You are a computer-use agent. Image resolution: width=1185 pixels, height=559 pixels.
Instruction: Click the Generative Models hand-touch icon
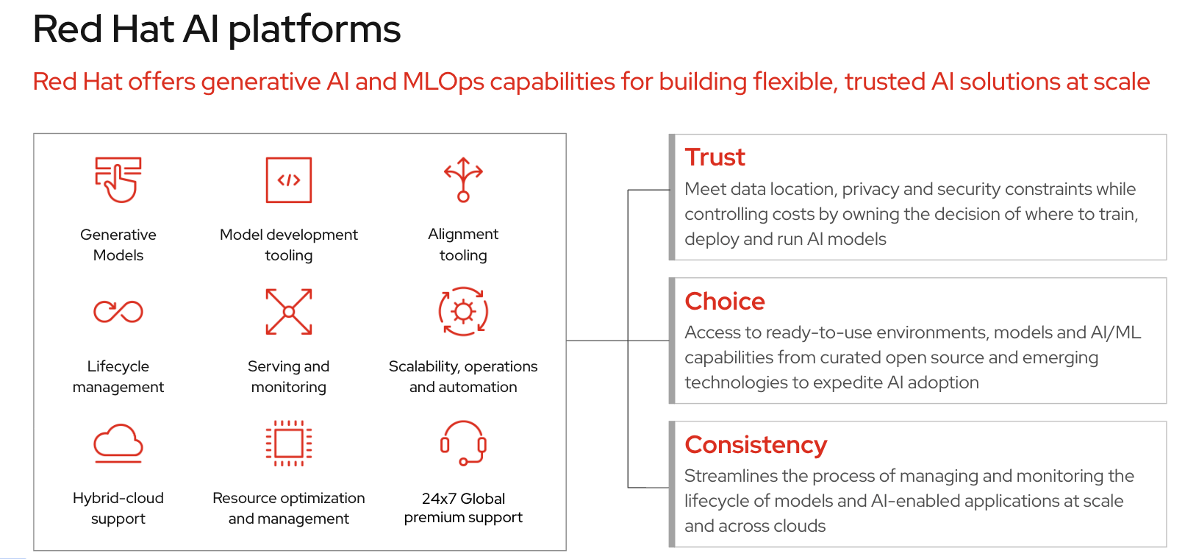click(x=118, y=179)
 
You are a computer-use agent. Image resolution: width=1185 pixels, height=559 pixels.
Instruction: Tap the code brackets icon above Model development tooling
click(x=289, y=180)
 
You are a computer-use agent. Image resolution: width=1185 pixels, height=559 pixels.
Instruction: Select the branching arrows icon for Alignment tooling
click(x=463, y=179)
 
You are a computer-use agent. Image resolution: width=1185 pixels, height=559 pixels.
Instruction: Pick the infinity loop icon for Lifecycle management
click(x=118, y=311)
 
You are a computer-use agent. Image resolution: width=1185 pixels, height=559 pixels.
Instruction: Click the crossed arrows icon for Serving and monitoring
click(x=289, y=311)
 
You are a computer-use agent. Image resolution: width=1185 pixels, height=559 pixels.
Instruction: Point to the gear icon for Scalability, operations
click(x=463, y=311)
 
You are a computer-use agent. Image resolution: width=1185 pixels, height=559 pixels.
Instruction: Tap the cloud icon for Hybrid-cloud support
click(x=118, y=444)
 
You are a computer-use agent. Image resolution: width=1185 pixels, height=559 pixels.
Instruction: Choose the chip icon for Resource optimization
click(x=289, y=443)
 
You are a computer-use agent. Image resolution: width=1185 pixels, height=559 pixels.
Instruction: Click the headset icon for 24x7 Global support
click(x=463, y=443)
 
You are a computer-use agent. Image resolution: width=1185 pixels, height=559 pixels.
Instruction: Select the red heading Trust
click(x=715, y=157)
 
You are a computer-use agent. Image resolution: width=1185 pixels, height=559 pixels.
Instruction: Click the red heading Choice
click(x=725, y=302)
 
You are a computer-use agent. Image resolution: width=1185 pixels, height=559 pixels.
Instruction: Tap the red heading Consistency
click(x=756, y=445)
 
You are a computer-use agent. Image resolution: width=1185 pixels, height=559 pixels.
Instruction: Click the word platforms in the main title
click(x=315, y=30)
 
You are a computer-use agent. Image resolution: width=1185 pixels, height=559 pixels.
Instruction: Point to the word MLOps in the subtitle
click(x=443, y=82)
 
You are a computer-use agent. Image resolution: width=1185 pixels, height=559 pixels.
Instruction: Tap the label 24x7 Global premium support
click(x=463, y=508)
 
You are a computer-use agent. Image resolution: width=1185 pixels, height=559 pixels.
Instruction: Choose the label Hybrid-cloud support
click(x=118, y=508)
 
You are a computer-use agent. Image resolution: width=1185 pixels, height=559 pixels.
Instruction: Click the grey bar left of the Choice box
click(x=672, y=341)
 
